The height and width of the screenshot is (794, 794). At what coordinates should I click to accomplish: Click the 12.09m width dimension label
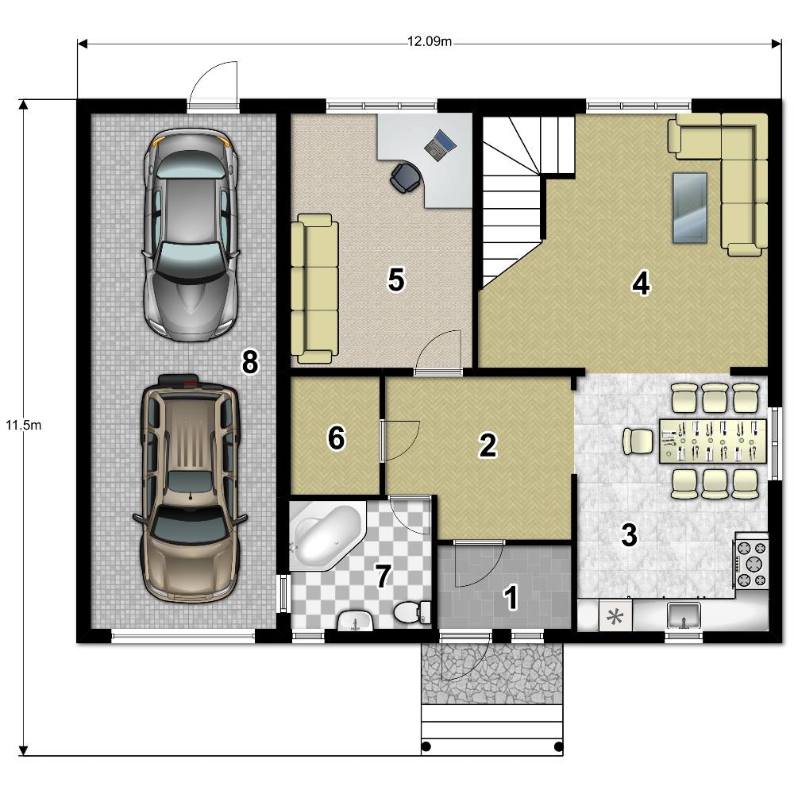pos(430,41)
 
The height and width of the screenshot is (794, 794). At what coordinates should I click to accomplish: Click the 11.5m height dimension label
pos(23,425)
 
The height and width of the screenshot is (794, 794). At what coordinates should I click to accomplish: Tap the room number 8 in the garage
pos(250,362)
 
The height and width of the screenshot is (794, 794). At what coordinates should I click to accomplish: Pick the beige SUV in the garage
pos(190,488)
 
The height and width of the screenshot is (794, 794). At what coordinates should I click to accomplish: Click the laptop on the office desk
pos(440,145)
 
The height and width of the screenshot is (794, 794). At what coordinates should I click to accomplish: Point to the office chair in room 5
pos(406,178)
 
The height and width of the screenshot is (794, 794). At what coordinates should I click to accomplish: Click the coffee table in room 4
pos(690,207)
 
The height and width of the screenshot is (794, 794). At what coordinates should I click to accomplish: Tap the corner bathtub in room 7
pos(327,536)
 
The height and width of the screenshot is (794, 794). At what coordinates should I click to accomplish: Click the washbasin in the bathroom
pos(355,621)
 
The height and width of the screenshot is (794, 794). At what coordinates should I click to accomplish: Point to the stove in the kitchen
pos(752,563)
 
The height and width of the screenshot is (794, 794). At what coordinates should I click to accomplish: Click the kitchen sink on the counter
pos(684,614)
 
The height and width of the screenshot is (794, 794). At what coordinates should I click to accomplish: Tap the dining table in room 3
pos(713,441)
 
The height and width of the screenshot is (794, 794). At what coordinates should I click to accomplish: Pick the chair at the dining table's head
pos(638,441)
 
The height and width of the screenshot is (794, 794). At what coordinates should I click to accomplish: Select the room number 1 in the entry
pos(511,597)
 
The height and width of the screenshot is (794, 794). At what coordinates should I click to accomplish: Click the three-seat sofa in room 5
pos(314,289)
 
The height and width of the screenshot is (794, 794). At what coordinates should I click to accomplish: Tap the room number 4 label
pos(641,283)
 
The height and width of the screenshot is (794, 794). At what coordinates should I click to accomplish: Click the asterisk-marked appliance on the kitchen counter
pos(615,616)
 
